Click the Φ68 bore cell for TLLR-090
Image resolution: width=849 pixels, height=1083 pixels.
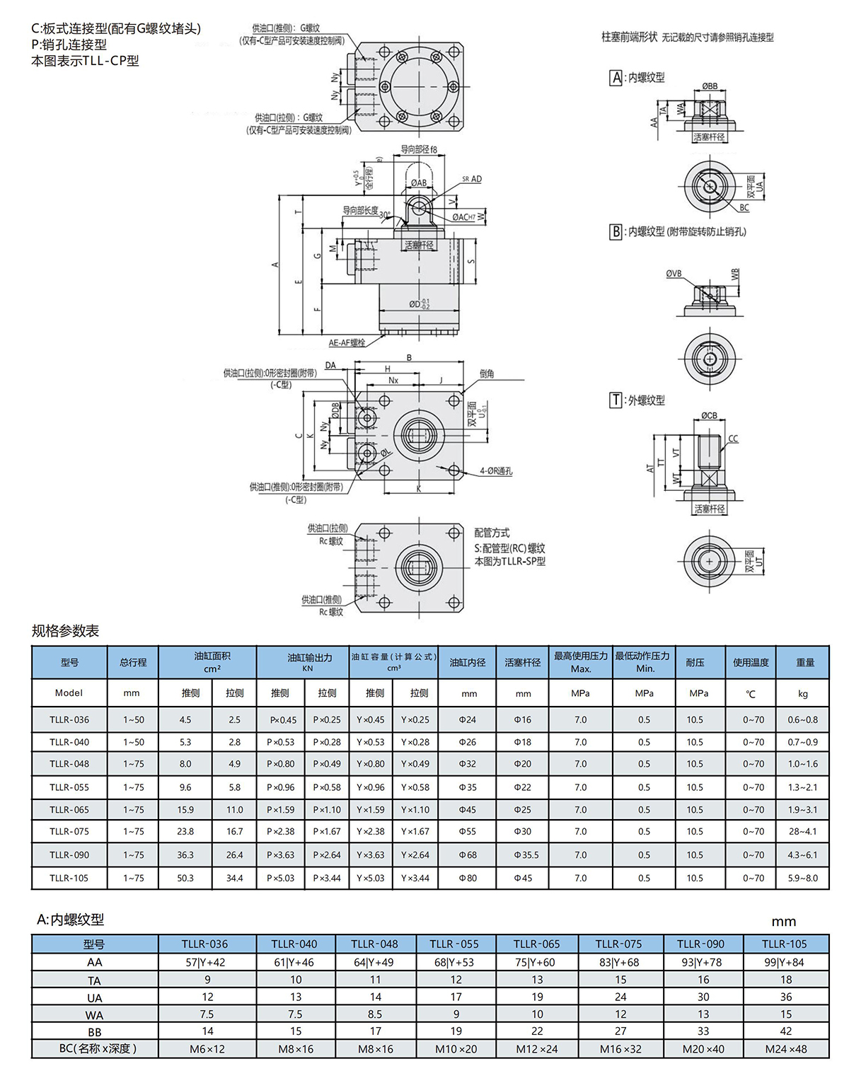(x=468, y=855)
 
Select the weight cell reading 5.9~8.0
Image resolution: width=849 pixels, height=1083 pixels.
(x=802, y=878)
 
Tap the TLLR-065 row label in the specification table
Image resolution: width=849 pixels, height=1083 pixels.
(x=69, y=809)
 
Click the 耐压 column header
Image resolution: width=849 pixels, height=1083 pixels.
(x=695, y=662)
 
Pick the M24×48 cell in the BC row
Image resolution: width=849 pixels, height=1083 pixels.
(x=785, y=1049)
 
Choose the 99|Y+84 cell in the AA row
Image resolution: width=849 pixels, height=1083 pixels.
(x=784, y=962)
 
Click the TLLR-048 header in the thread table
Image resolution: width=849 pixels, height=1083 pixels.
(x=374, y=944)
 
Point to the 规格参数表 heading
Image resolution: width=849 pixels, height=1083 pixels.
(x=65, y=631)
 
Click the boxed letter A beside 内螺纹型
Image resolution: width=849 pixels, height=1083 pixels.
(x=616, y=78)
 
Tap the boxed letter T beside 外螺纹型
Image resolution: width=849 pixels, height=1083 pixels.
(x=616, y=400)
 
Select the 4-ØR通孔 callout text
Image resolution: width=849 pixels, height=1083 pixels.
(x=496, y=471)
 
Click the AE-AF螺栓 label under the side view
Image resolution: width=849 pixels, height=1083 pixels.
(x=347, y=343)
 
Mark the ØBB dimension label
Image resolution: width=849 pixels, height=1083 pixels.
(x=710, y=86)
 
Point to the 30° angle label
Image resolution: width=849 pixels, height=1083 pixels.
(x=384, y=215)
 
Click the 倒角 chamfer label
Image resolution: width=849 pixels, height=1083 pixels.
(x=487, y=373)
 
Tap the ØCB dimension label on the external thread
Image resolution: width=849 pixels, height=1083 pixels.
(x=709, y=416)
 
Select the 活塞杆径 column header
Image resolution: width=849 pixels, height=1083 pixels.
(x=522, y=662)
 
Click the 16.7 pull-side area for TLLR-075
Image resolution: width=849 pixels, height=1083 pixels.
(x=234, y=831)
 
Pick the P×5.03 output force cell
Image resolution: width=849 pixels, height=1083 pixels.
(x=280, y=878)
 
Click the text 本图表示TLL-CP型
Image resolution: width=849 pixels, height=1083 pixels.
(x=85, y=61)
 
